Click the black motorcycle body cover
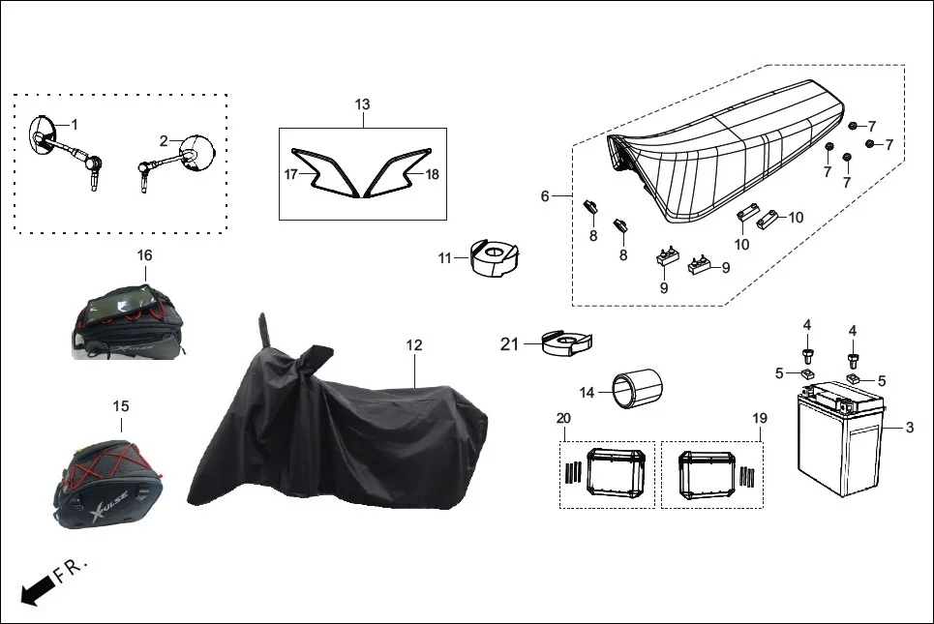click(x=340, y=434)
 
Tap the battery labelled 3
click(x=840, y=439)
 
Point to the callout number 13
click(x=362, y=104)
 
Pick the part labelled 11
click(x=495, y=257)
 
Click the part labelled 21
click(x=568, y=342)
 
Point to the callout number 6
click(x=545, y=195)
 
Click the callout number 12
click(x=414, y=345)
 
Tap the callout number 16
click(x=145, y=255)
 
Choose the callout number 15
click(x=121, y=406)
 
